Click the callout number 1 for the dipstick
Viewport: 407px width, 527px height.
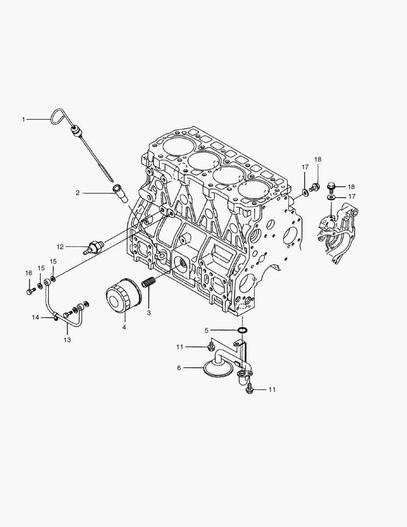tap(23, 119)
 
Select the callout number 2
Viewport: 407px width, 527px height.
tap(78, 193)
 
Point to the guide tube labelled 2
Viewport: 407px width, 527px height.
tap(119, 191)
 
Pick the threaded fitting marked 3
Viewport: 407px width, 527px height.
tap(149, 283)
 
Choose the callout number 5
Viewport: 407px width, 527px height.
tap(207, 330)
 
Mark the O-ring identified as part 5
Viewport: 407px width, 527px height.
tap(242, 330)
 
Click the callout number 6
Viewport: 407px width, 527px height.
tap(179, 368)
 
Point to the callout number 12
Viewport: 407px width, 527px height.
tap(60, 246)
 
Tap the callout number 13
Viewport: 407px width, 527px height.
tap(67, 340)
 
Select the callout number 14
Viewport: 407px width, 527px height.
tap(35, 317)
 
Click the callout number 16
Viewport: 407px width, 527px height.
tap(29, 273)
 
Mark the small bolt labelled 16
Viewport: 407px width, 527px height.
tap(30, 292)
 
